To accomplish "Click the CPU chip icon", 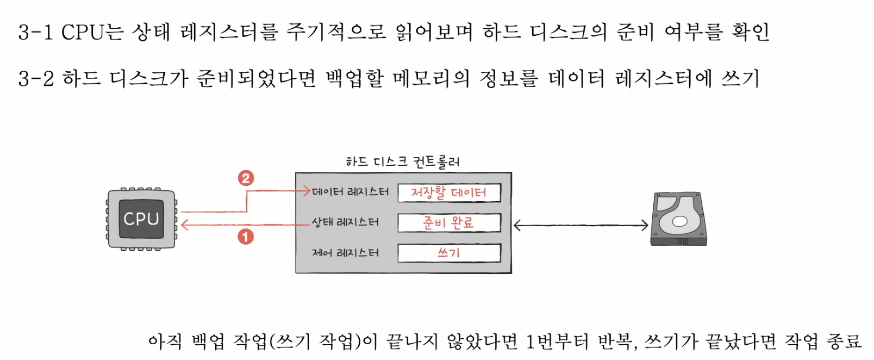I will [x=141, y=219].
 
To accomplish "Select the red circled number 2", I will [x=246, y=178].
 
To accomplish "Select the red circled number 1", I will [x=246, y=237].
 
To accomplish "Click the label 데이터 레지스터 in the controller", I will [x=351, y=192].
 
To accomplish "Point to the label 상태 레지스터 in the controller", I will [x=345, y=222].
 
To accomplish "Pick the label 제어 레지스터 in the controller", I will [x=345, y=253].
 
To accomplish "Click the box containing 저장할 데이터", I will [x=449, y=193].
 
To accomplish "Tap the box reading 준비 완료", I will [x=449, y=223].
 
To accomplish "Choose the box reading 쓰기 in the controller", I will [x=449, y=253].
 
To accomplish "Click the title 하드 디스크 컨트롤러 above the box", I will [x=403, y=162].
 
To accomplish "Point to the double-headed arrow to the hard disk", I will [x=580, y=225].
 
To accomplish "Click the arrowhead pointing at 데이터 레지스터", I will [x=307, y=191].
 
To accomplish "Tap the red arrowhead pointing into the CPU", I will [x=185, y=225].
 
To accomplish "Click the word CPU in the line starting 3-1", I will [x=82, y=32].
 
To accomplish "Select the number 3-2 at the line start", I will [x=36, y=79].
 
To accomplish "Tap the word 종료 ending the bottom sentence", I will [x=844, y=342].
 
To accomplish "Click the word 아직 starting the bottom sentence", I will [x=165, y=342].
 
